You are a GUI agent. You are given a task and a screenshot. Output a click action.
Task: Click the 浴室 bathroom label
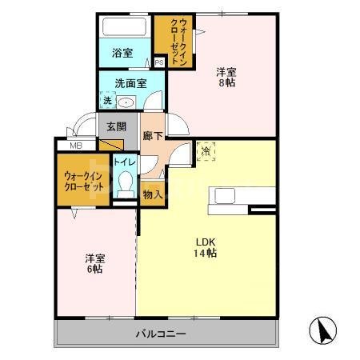(122, 54)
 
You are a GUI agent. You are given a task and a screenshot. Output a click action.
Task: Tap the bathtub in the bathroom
(123, 29)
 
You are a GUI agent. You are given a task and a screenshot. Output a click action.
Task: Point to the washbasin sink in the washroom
(126, 102)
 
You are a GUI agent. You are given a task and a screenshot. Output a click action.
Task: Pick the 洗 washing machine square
(106, 101)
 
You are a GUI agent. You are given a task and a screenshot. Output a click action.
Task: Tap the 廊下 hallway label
(153, 136)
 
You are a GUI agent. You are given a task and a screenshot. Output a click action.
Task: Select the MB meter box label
(75, 146)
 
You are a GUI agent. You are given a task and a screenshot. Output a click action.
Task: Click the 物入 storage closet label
(153, 193)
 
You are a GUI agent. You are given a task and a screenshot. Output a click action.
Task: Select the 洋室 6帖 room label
(95, 265)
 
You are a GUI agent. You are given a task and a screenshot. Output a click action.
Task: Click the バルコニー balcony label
(160, 333)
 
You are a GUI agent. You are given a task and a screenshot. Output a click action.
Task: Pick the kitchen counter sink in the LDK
(222, 197)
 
